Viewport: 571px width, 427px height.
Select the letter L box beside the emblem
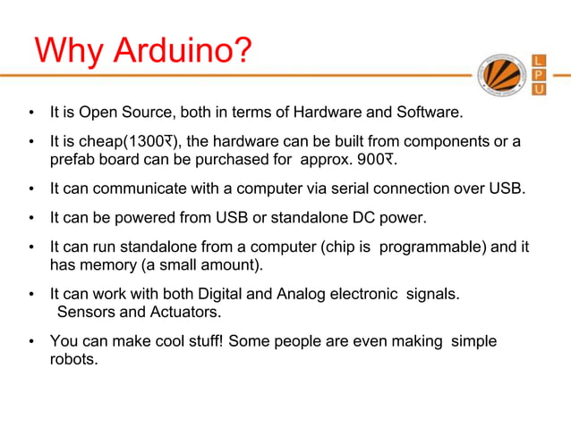pyautogui.click(x=540, y=59)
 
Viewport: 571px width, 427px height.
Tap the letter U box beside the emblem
pyautogui.click(x=540, y=91)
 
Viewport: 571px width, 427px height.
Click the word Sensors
pyautogui.click(x=86, y=312)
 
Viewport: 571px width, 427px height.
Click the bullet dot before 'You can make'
pyautogui.click(x=31, y=342)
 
